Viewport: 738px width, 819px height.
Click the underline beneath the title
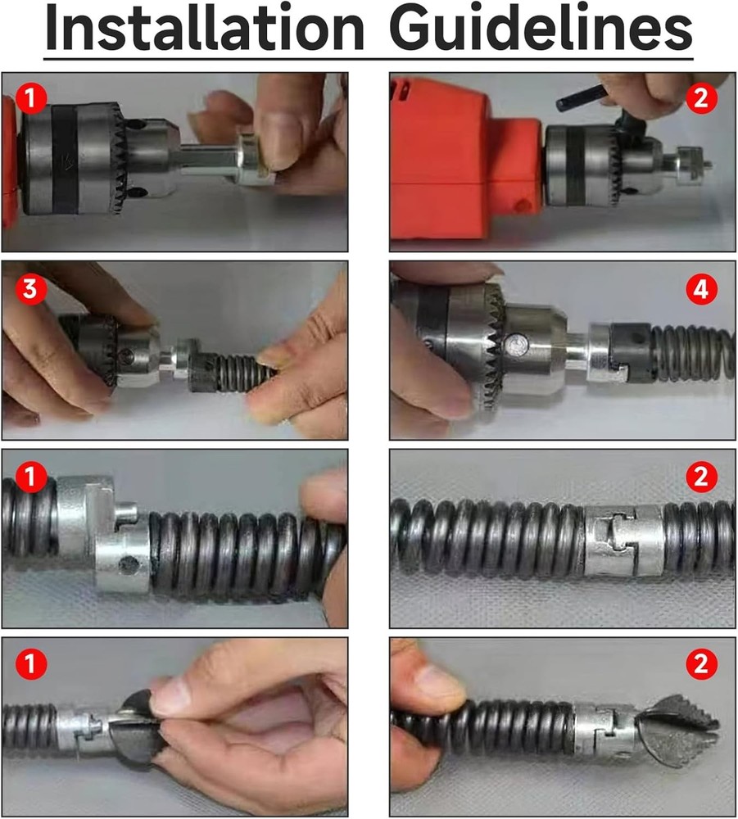coord(369,59)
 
